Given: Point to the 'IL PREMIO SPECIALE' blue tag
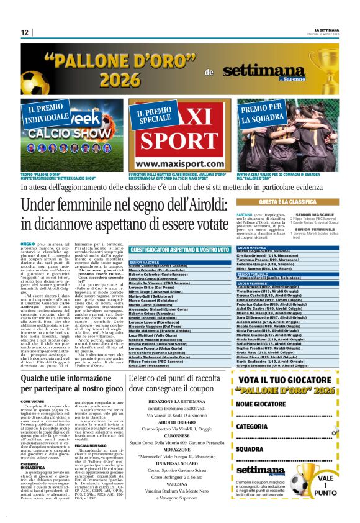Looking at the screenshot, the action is click(x=154, y=114).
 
